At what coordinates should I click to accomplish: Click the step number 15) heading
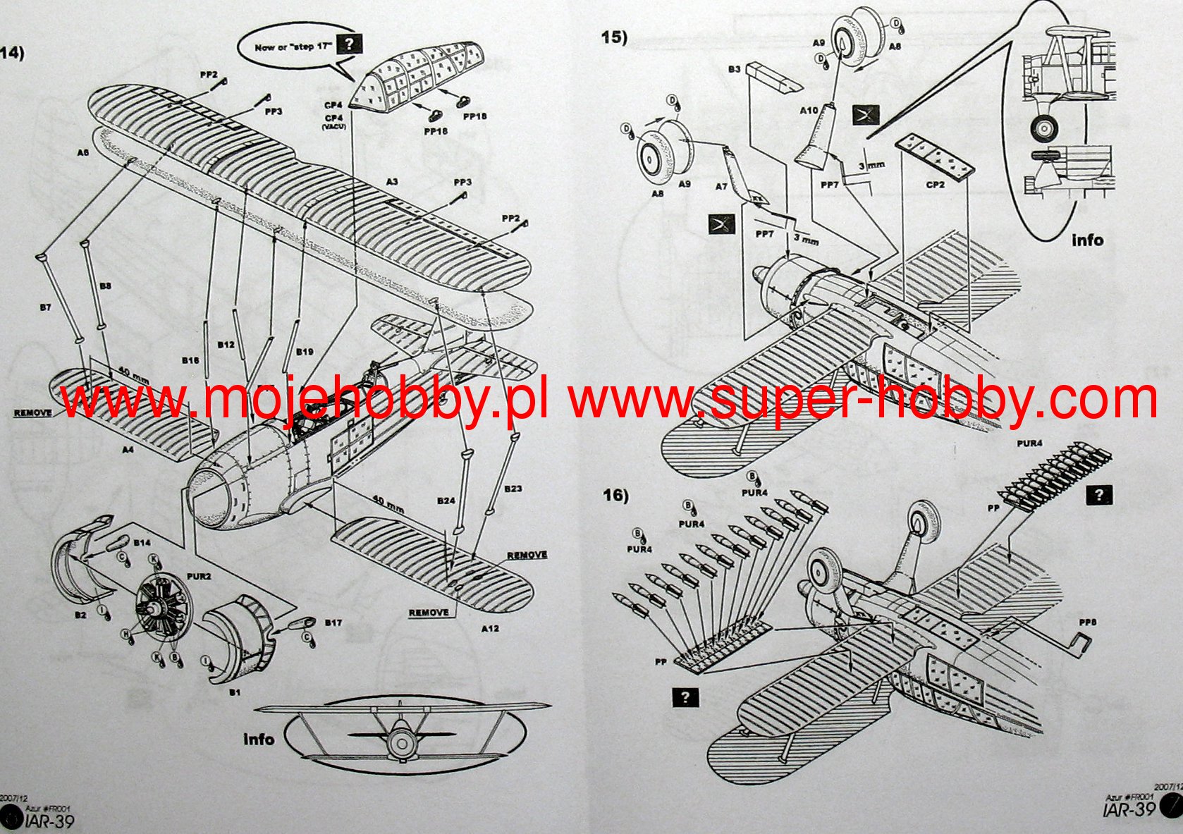click(x=613, y=37)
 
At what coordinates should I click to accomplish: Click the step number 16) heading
click(x=615, y=496)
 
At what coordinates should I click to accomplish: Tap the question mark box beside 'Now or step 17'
click(x=349, y=44)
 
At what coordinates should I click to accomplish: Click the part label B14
click(x=141, y=543)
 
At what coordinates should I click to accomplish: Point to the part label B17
click(x=333, y=623)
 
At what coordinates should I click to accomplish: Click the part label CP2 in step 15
click(x=935, y=185)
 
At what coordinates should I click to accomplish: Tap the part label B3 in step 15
click(x=734, y=69)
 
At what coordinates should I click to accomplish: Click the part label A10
click(x=809, y=111)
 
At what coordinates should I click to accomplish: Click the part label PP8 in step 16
click(x=1087, y=623)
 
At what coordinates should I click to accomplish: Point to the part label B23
click(x=513, y=489)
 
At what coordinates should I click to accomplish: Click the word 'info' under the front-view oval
click(x=258, y=739)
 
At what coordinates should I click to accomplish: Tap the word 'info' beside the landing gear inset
click(x=1087, y=240)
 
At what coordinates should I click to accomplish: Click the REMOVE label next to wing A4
click(x=32, y=412)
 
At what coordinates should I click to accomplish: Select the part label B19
click(x=305, y=351)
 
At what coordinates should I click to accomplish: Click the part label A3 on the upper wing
click(x=392, y=182)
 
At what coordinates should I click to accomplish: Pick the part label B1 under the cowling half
click(x=235, y=692)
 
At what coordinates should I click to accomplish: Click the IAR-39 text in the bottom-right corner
click(x=1129, y=809)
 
